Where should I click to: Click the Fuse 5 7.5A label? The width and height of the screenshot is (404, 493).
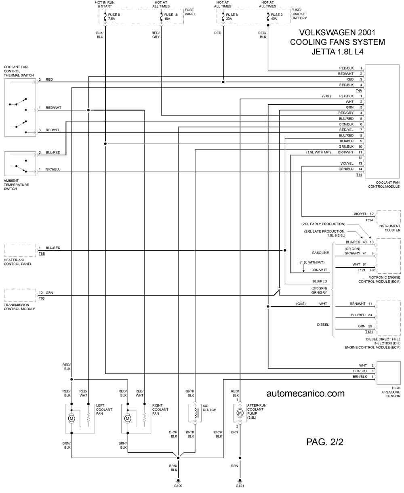(114, 17)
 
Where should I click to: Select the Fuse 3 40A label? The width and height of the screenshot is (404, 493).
(276, 17)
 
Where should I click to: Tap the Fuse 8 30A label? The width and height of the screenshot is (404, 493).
(231, 17)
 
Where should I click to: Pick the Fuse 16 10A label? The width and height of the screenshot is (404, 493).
(171, 17)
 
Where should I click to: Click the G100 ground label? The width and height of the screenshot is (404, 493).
(178, 485)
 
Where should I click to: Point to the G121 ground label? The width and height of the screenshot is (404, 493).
(240, 485)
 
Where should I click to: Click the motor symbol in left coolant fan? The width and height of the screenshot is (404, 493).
(72, 418)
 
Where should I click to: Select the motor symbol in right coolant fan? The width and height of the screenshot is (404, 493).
(128, 418)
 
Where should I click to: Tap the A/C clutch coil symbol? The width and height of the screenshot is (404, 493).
(195, 413)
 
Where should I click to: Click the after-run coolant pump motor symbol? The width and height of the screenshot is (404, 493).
(240, 413)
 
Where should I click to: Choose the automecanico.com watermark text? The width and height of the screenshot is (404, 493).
(305, 393)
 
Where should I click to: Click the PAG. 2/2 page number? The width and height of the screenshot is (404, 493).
(325, 442)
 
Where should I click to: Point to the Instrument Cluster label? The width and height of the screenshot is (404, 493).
(389, 228)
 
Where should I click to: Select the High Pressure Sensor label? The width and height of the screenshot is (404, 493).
(391, 392)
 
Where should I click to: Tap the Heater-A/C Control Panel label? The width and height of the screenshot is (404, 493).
(18, 262)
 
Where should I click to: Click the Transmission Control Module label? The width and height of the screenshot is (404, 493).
(19, 307)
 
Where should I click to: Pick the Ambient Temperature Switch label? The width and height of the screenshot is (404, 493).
(17, 185)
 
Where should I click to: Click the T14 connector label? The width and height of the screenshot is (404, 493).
(359, 175)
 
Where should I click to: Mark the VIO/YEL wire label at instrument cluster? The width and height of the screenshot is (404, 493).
(360, 214)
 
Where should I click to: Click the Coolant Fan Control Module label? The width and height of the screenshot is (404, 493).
(384, 185)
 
